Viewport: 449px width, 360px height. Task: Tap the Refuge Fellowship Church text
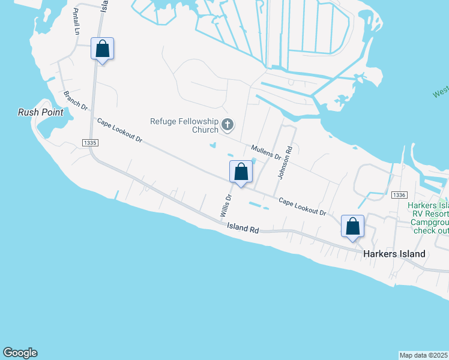click(184, 125)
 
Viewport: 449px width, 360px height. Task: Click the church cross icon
click(228, 125)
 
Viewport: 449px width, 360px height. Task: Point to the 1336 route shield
click(399, 195)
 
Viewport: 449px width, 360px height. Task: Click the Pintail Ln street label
click(76, 22)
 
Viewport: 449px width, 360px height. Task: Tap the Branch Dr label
click(76, 100)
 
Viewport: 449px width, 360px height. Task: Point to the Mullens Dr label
click(267, 151)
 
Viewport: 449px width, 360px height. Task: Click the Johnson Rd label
click(285, 163)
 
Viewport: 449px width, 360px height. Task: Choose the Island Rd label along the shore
click(243, 229)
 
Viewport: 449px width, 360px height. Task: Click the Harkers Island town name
click(394, 254)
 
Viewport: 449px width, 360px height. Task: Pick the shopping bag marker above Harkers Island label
click(352, 227)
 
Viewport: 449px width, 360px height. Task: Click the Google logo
click(20, 353)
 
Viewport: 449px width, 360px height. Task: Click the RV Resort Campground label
click(429, 218)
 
